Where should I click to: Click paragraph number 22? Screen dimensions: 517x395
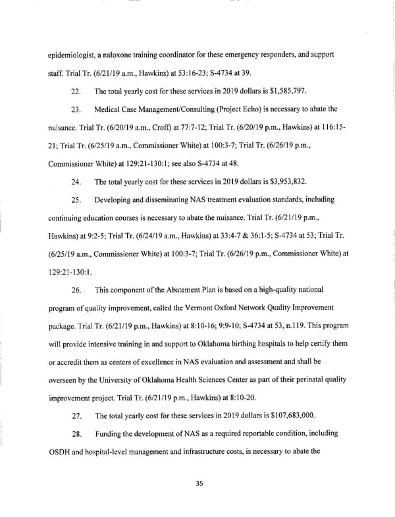[x=75, y=91]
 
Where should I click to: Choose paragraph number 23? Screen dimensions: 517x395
[x=75, y=109]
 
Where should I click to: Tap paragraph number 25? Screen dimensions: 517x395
[x=75, y=199]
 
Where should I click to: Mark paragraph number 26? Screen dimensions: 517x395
[x=75, y=289]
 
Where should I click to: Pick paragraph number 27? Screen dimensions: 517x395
[x=75, y=416]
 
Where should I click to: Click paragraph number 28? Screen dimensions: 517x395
[x=75, y=434]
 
